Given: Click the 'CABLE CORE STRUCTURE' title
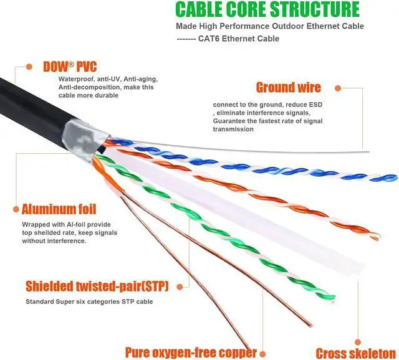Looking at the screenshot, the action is pos(267,9).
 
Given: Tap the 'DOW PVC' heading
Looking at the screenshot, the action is pos(70,67).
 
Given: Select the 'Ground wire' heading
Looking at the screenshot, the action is pos(289,87).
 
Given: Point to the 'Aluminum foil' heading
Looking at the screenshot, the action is pos(59,209).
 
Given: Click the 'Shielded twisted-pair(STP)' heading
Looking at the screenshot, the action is pos(97,287).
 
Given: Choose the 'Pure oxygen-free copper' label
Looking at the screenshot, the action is pos(191,353).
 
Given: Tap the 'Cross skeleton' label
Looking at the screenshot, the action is pos(356,353).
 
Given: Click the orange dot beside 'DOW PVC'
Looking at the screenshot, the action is pos(29,67).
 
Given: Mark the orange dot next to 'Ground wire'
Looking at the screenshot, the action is pos(338,88).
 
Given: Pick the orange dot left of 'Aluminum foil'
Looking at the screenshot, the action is pos(16,209).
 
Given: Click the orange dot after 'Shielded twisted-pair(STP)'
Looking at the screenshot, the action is pos(180,287).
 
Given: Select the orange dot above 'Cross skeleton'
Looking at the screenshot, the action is pos(357,342).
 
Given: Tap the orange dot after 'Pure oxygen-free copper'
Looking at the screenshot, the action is pos(262,354).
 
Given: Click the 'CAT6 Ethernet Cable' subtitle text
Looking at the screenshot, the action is pos(239,39).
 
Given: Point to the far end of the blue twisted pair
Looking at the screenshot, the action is pos(395,178).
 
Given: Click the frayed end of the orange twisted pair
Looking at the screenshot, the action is pos(376,237).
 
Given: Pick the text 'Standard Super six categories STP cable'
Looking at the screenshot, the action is pos(89,302).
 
